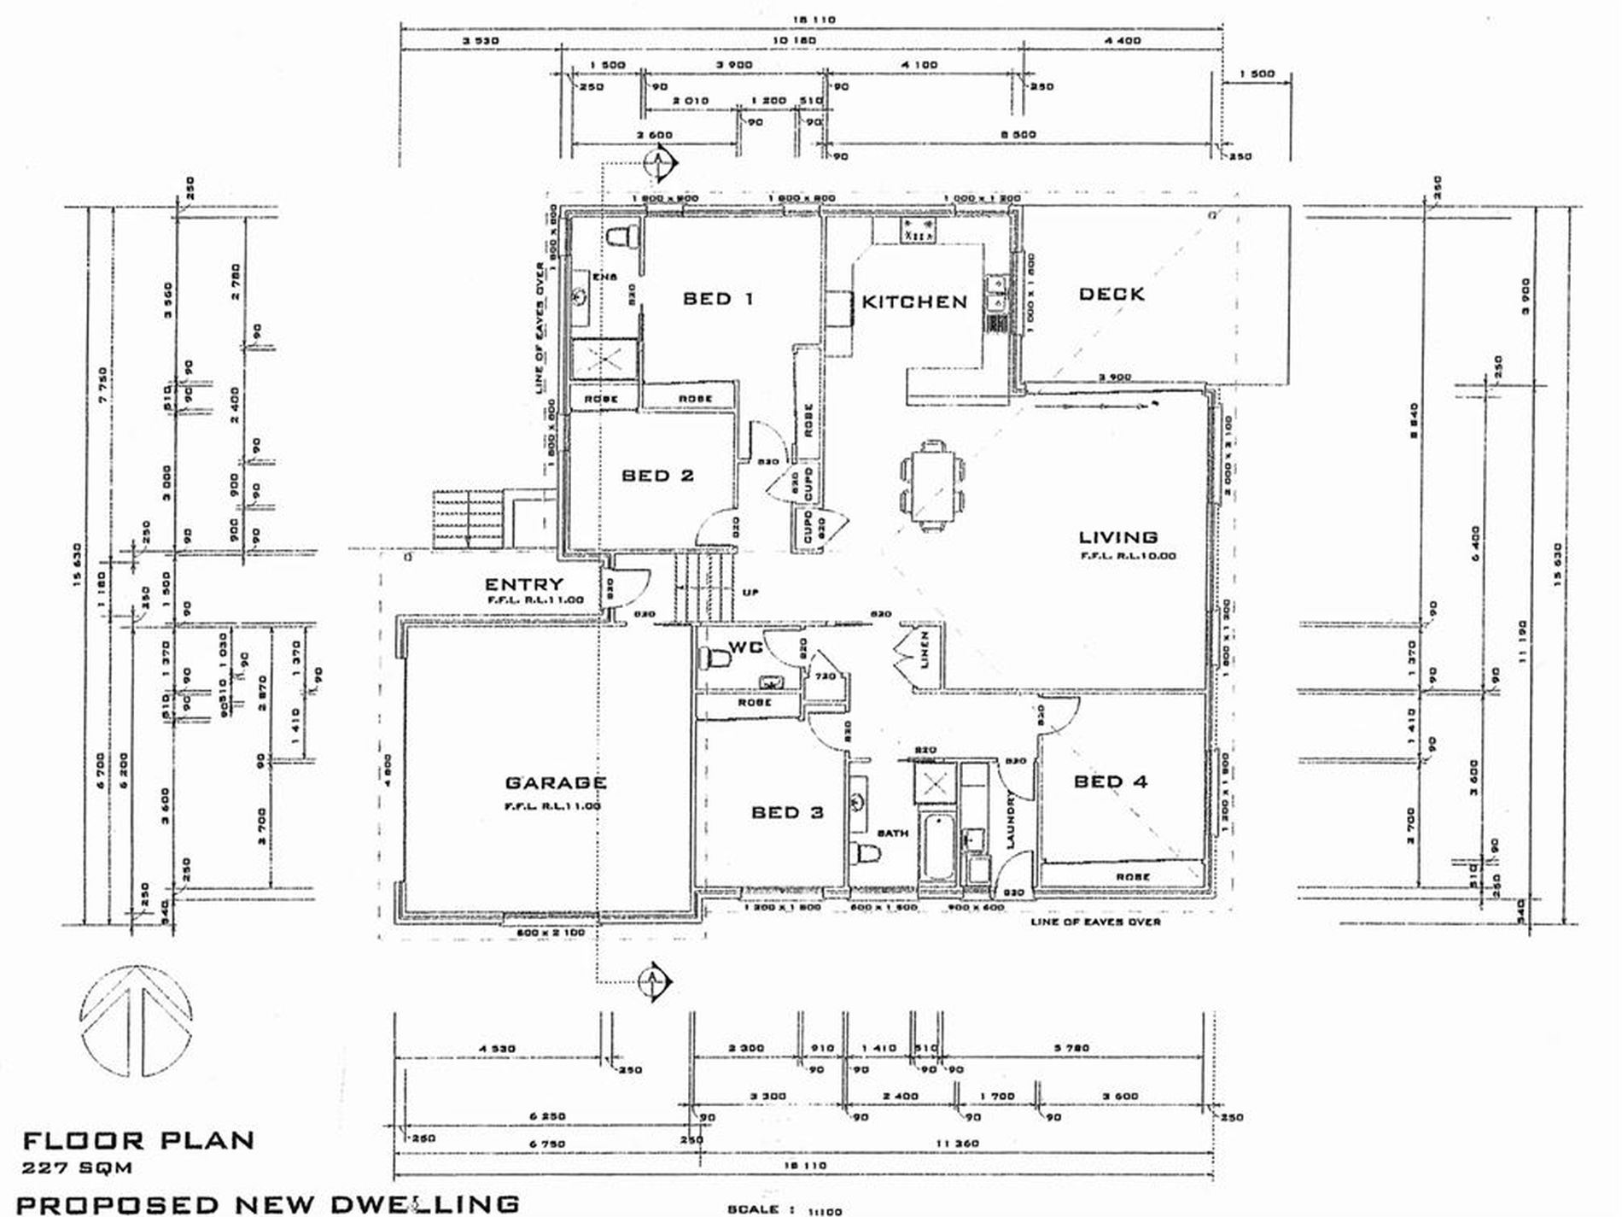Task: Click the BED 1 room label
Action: coord(718,299)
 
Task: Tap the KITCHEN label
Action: coord(914,302)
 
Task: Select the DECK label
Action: coord(1111,295)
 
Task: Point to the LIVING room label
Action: coord(1118,537)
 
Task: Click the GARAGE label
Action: coord(556,782)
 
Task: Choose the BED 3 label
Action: coord(787,812)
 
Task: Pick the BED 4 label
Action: coord(1111,781)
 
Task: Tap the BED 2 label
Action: coord(657,476)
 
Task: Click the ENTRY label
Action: coord(524,584)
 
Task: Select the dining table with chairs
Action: coord(933,484)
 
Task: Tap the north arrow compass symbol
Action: coord(137,1028)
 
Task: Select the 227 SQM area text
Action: coord(78,1167)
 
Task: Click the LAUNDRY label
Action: coord(1011,820)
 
